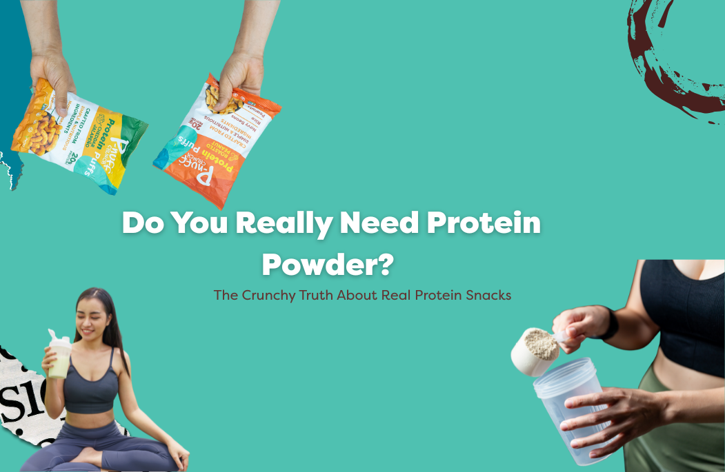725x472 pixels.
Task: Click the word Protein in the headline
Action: click(483, 223)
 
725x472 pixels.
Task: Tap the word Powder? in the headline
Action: click(328, 264)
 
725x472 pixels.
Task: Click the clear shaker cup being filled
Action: click(568, 413)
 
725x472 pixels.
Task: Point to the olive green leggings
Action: click(679, 427)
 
